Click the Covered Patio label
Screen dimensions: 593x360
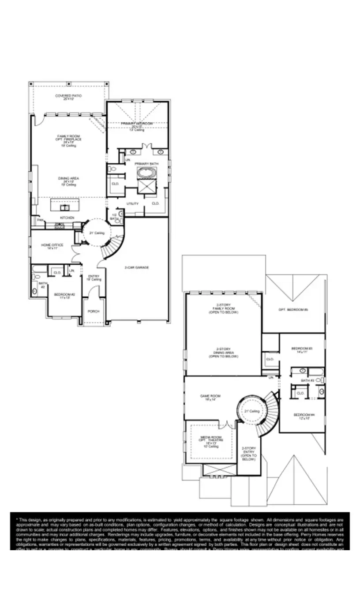tap(68, 96)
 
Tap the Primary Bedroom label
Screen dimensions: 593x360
tap(137, 124)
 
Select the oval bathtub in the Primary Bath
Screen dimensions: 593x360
tap(144, 173)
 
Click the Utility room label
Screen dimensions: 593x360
tap(132, 204)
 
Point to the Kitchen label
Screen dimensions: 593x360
tap(67, 218)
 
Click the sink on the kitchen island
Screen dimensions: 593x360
tap(65, 207)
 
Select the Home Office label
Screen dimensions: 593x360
tap(52, 245)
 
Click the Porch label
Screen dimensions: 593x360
tap(94, 311)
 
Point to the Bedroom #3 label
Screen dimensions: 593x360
tap(302, 349)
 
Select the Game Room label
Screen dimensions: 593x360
tap(213, 396)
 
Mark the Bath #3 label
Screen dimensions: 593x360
tap(307, 380)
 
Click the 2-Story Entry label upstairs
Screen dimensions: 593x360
tap(249, 450)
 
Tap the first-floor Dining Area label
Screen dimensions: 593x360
tap(68, 178)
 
